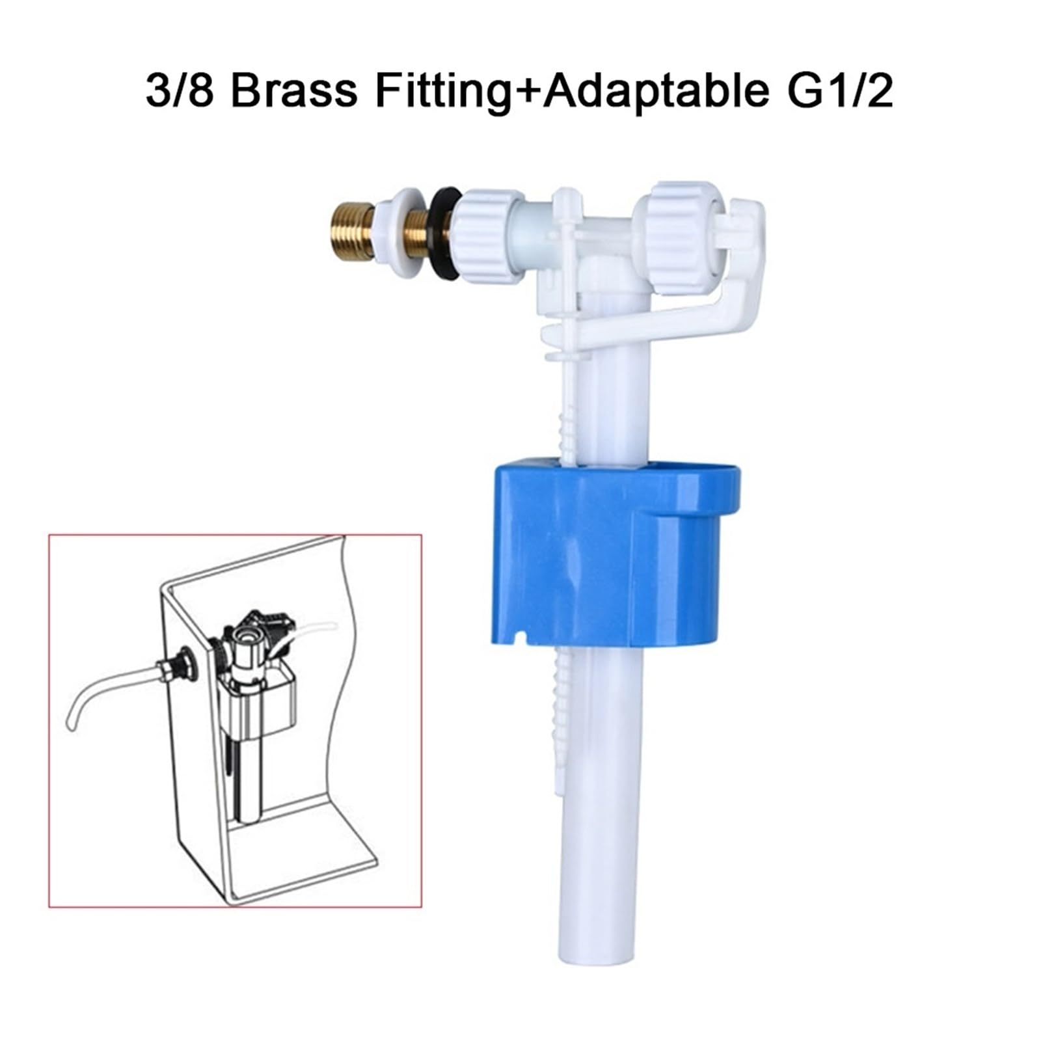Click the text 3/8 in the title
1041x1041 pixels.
click(x=180, y=90)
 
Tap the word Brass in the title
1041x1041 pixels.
click(x=293, y=90)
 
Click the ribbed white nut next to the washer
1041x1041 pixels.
click(x=492, y=236)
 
